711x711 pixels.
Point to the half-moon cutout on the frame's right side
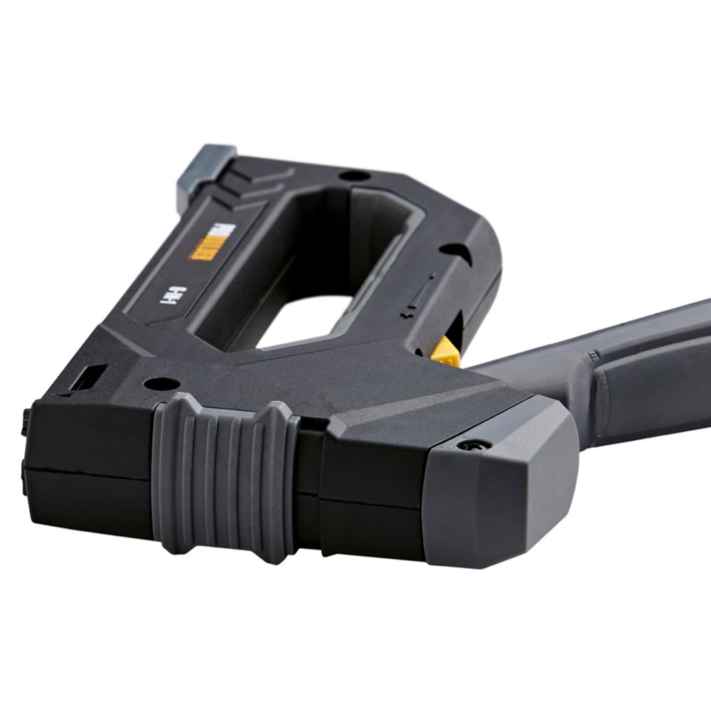452,251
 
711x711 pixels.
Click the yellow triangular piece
447,353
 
